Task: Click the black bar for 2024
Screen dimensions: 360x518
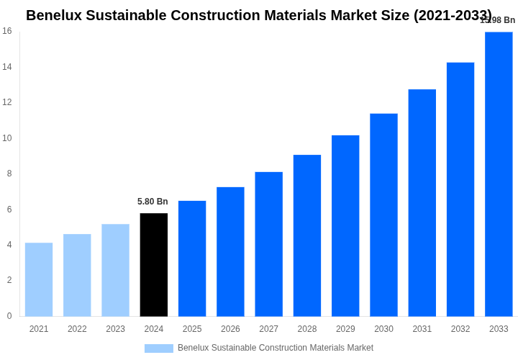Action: (x=154, y=264)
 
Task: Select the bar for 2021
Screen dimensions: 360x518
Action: (x=39, y=279)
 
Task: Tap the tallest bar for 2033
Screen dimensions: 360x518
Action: (x=499, y=174)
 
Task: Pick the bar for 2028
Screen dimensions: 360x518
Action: (x=307, y=235)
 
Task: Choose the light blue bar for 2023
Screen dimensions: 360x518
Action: (x=115, y=270)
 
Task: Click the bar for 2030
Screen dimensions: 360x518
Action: (x=383, y=215)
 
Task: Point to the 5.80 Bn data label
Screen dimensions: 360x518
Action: (x=153, y=202)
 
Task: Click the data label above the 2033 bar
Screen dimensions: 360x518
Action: (x=498, y=20)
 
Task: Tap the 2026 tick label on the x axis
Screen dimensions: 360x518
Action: (x=230, y=329)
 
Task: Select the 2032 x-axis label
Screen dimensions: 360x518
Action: (x=460, y=329)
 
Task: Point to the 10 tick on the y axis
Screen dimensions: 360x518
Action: (x=7, y=138)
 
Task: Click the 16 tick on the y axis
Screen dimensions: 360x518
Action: (x=7, y=31)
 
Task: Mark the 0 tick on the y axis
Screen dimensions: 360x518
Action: (x=9, y=316)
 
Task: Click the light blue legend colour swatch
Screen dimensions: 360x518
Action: (x=159, y=348)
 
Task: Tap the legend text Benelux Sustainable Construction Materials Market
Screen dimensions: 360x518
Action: (x=276, y=348)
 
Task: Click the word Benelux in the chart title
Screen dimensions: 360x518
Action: (x=53, y=15)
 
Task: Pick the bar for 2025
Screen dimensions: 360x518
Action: (x=192, y=258)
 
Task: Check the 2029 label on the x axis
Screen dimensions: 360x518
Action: (x=345, y=329)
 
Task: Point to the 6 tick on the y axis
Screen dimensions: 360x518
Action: (x=9, y=210)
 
